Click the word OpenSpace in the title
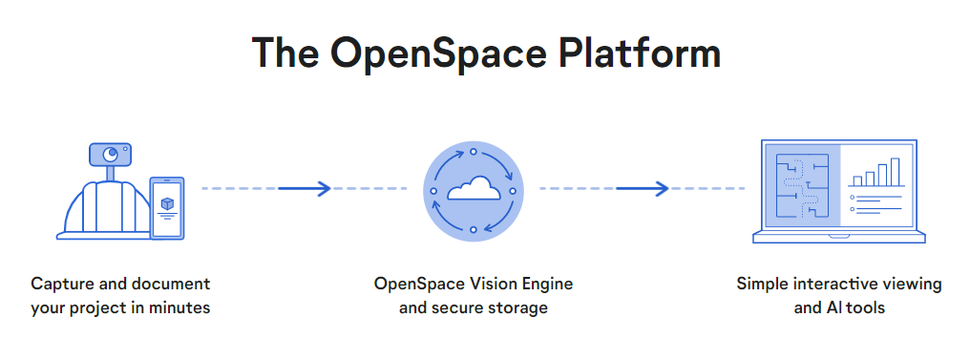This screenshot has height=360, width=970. pyautogui.click(x=438, y=54)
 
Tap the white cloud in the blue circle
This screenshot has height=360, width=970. pyautogui.click(x=474, y=189)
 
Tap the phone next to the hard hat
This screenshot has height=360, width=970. pyautogui.click(x=167, y=208)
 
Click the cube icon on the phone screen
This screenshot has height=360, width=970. pyautogui.click(x=167, y=203)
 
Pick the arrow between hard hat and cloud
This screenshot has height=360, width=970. pyautogui.click(x=305, y=188)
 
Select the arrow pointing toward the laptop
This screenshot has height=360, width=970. pyautogui.click(x=643, y=188)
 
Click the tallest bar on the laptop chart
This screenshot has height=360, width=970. pyautogui.click(x=896, y=172)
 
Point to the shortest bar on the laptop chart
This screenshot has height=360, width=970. pyautogui.click(x=857, y=180)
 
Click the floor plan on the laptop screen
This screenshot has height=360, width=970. pyautogui.click(x=802, y=186)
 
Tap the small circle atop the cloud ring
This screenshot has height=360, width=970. pyautogui.click(x=474, y=152)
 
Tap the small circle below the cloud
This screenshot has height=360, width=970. pyautogui.click(x=474, y=229)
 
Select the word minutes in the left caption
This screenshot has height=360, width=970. pyautogui.click(x=182, y=307)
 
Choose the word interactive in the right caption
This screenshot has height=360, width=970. pyautogui.click(x=839, y=284)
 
